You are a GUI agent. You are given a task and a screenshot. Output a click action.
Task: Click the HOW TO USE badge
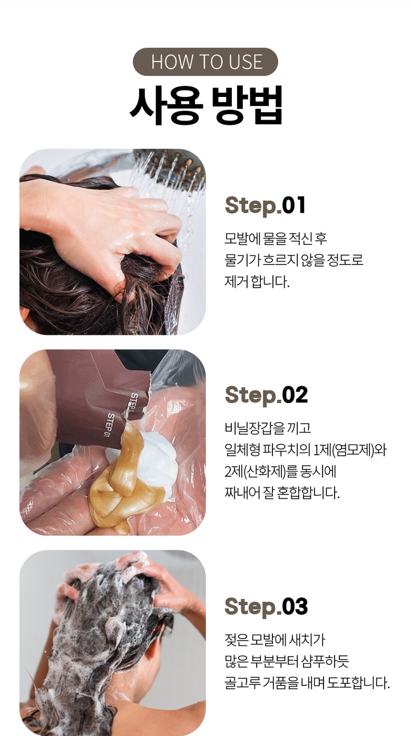(x=205, y=62)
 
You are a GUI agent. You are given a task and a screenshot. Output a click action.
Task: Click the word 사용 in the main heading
(x=165, y=105)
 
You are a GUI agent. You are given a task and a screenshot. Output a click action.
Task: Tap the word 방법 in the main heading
(x=247, y=105)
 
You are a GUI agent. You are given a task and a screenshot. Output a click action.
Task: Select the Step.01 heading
(x=265, y=205)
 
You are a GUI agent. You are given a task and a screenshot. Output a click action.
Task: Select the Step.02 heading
(x=267, y=394)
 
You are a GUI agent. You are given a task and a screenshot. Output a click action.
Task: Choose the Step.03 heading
(x=267, y=606)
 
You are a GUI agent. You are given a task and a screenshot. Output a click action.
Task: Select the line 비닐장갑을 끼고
(x=268, y=428)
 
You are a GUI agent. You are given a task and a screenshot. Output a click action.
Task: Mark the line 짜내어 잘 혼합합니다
(x=282, y=493)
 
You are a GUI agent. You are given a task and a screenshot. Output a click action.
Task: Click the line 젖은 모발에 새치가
(x=275, y=640)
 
